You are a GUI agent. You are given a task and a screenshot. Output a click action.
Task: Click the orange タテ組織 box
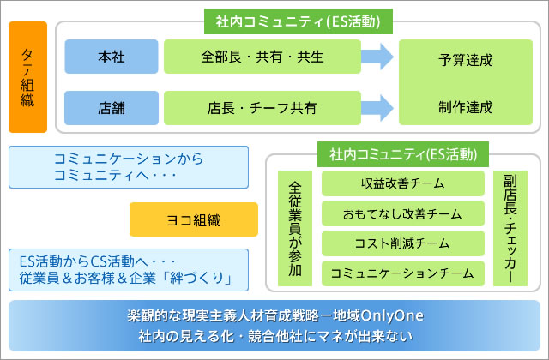(x=27, y=77)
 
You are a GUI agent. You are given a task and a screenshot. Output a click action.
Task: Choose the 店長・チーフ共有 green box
(x=262, y=108)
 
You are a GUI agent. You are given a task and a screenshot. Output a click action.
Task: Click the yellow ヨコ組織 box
(x=193, y=219)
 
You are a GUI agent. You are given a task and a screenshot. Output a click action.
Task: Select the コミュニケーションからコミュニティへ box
(x=128, y=166)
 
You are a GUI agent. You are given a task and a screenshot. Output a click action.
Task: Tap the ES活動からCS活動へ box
(x=128, y=270)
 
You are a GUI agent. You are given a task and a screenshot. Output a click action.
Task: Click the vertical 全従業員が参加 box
(x=295, y=228)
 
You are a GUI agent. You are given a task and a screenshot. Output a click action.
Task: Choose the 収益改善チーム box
(x=402, y=183)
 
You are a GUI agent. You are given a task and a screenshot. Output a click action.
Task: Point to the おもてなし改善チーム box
(x=402, y=213)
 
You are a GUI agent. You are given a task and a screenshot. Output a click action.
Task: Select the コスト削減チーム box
(x=402, y=243)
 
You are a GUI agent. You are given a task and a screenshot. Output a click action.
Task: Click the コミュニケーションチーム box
(x=402, y=273)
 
